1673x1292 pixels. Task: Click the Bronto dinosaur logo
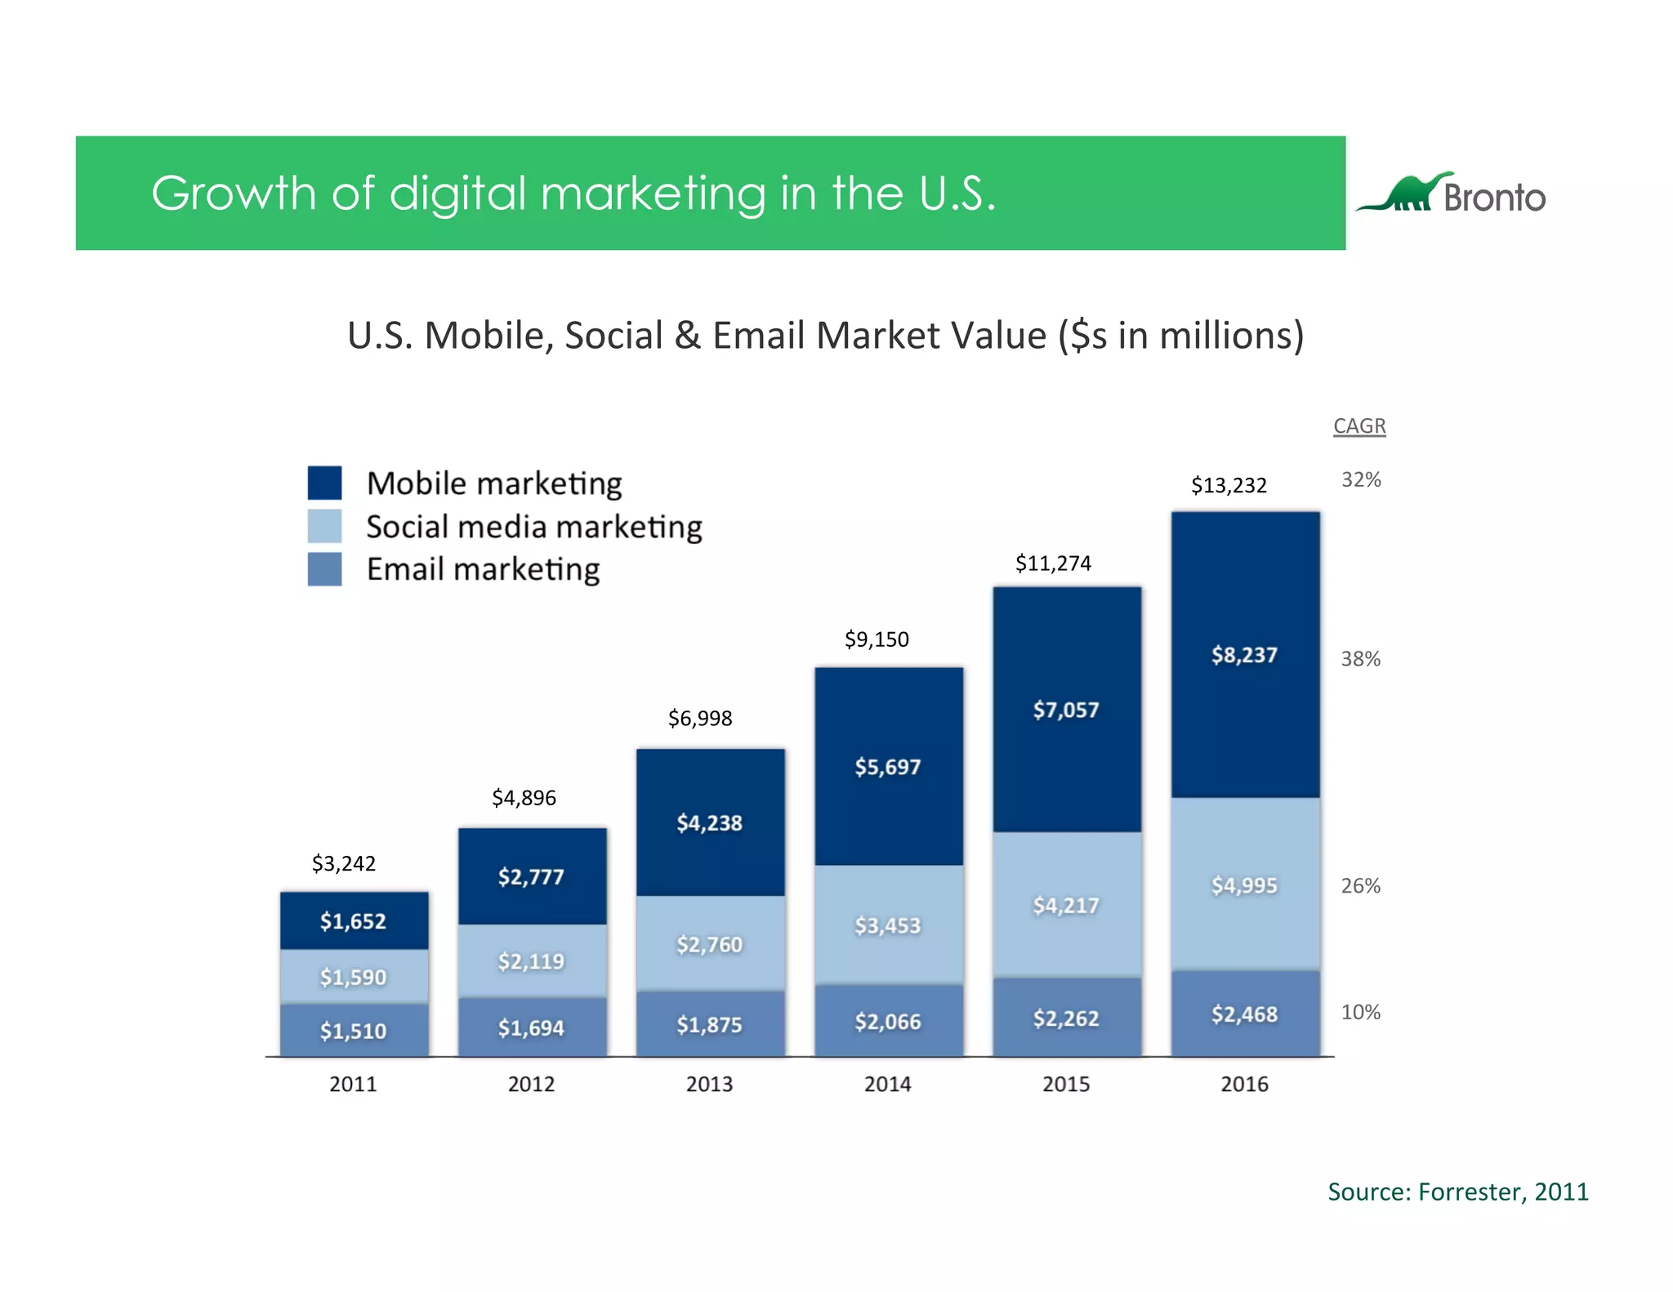coord(1449,194)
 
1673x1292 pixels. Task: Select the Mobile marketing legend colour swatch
coord(324,483)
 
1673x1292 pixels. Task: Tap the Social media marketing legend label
coord(533,527)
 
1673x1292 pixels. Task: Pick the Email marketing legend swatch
coord(324,569)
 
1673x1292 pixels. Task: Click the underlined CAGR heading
coord(1359,426)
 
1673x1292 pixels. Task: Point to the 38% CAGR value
coord(1360,659)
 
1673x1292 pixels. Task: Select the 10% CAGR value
coord(1360,1013)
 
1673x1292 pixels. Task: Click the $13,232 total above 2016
coord(1229,485)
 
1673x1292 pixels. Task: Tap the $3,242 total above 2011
coord(343,863)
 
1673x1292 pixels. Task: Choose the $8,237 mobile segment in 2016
coord(1244,655)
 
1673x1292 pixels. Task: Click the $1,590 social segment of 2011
coord(353,977)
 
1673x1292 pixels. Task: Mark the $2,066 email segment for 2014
coord(887,1022)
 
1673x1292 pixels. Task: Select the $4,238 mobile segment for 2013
coord(709,822)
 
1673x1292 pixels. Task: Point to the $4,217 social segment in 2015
coord(1066,905)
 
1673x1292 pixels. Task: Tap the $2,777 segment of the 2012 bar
coord(531,877)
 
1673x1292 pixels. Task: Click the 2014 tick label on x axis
coord(887,1085)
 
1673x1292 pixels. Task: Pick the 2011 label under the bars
coord(353,1085)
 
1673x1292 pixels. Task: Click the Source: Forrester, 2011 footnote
coord(1457,1192)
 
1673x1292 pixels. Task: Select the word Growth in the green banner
coord(233,194)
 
